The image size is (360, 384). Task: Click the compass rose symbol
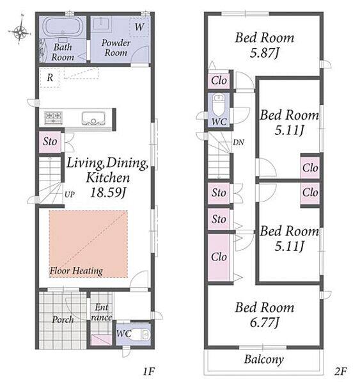20,31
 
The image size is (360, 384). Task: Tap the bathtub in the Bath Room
63,27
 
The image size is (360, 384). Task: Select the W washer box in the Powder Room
139,27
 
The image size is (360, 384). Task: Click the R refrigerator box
50,77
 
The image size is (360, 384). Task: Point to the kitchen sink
94,118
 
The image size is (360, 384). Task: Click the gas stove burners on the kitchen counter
53,117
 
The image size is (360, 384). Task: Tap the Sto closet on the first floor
50,142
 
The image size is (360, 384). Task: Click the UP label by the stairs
70,195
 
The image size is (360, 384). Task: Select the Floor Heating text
76,271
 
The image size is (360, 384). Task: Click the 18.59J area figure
108,193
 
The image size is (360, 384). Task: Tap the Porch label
63,319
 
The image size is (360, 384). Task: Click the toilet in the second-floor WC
219,105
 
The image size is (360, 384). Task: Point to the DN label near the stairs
239,142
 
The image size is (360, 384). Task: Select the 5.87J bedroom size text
264,53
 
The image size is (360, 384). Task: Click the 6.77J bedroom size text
264,323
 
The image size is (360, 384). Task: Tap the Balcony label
264,360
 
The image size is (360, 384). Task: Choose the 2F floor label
341,371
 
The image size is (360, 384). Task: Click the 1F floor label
148,371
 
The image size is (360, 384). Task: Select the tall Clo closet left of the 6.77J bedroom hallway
219,257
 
